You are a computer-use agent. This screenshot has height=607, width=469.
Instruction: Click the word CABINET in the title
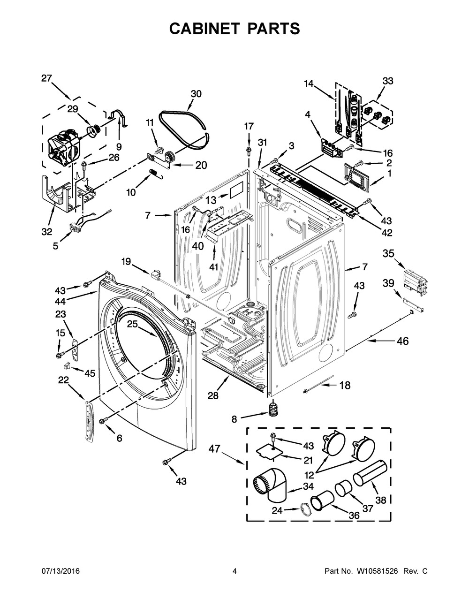point(204,29)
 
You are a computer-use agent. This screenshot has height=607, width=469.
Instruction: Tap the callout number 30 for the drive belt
point(196,94)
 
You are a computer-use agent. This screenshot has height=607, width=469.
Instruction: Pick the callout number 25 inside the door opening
point(133,324)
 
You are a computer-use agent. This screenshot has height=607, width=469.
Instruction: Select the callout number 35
point(388,254)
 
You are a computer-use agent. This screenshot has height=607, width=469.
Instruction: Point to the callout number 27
point(46,78)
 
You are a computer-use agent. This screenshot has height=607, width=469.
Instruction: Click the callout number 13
point(211,200)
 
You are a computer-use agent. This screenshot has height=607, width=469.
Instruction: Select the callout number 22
point(63,380)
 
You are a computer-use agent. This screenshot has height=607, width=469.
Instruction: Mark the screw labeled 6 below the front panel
point(103,428)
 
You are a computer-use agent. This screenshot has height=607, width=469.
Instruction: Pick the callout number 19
point(126,262)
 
